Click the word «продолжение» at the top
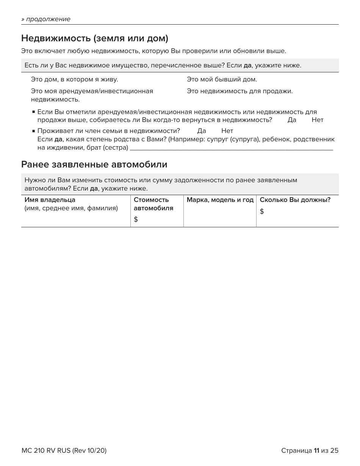[48, 19]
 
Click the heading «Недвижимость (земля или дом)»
[94, 38]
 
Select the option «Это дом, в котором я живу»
[74, 80]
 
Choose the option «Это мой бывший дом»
[222, 80]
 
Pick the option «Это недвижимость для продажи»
[239, 91]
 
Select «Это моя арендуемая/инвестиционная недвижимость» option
[92, 95]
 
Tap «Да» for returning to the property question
[292, 120]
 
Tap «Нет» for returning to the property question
[318, 120]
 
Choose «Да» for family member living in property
[202, 131]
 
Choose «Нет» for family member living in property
[227, 131]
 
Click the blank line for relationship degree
[231, 148]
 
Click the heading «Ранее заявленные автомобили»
[94, 164]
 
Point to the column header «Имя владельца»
[50, 200]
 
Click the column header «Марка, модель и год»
[220, 200]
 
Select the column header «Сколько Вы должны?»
[295, 200]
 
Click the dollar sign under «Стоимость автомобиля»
[136, 219]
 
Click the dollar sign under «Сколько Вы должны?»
[262, 211]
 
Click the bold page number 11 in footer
[316, 450]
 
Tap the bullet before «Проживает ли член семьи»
[34, 131]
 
